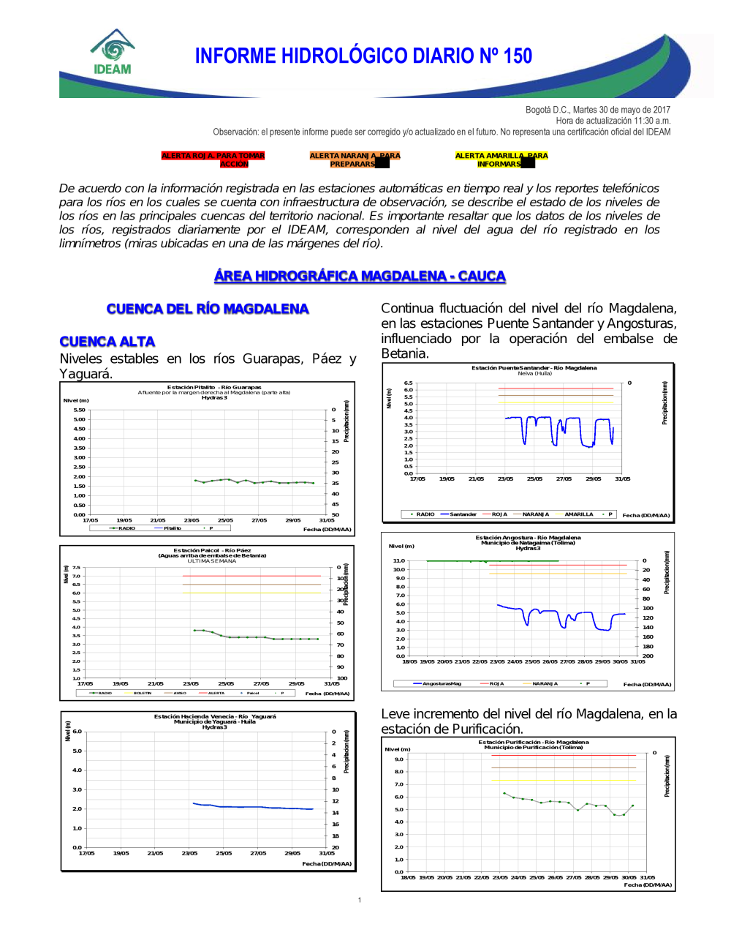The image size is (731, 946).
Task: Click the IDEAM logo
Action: point(113,52)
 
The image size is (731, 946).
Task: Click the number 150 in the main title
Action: point(518,56)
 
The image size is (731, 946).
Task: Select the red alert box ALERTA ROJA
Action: point(213,159)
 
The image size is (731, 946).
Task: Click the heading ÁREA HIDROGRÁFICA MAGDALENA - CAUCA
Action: point(360,276)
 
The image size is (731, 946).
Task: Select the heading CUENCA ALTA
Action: point(107,342)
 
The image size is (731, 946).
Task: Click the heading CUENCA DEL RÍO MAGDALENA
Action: point(208,309)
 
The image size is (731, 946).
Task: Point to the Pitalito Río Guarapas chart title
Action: point(214,387)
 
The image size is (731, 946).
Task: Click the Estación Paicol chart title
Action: point(212,550)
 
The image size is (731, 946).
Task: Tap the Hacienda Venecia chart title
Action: point(215,716)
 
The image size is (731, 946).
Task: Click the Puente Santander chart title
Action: point(534,368)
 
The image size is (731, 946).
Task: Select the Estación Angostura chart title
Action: point(528,537)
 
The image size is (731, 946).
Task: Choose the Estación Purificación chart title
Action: point(534,742)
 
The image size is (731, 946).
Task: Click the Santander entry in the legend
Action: point(463,514)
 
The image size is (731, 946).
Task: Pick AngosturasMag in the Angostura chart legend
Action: point(442,684)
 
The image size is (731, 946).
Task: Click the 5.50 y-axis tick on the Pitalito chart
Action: point(79,410)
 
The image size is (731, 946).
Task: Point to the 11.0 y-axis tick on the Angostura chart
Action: point(398,560)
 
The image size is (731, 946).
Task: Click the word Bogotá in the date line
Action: point(538,110)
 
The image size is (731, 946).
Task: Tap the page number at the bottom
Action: point(360,900)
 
